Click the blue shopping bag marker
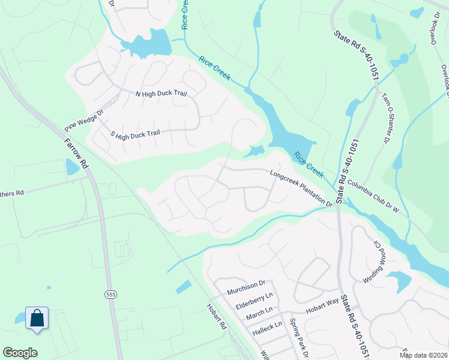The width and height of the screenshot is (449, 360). [37, 318]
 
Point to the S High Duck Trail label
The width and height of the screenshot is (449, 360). [136, 133]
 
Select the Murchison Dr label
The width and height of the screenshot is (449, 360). [246, 287]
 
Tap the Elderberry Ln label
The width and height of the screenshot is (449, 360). [254, 301]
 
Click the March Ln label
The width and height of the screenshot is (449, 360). [259, 313]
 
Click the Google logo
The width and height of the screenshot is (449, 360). [20, 353]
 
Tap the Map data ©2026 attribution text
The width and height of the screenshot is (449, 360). [423, 355]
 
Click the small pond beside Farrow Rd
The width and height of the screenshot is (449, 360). [72, 167]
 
